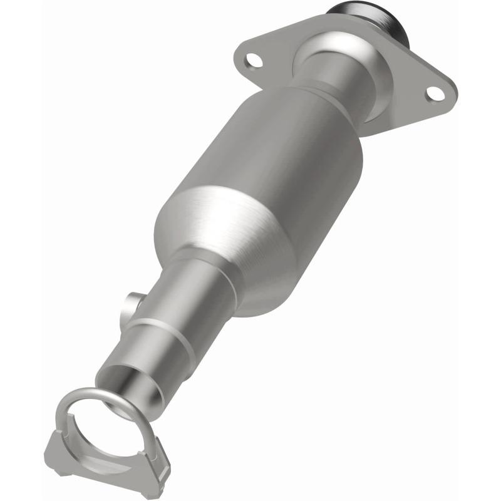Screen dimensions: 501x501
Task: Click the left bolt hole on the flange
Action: [x=254, y=61]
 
